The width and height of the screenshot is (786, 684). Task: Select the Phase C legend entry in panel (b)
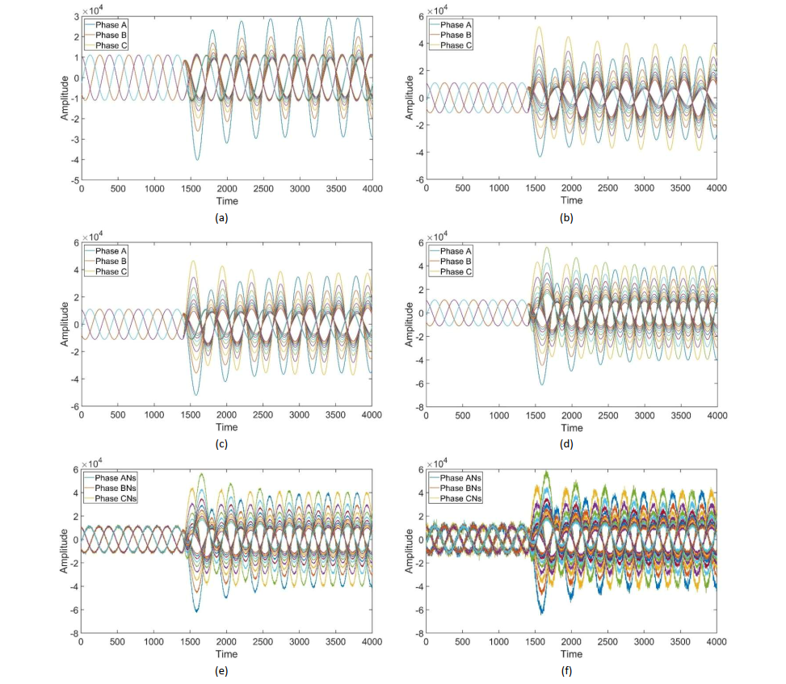pyautogui.click(x=451, y=45)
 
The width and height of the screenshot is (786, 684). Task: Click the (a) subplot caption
pyautogui.click(x=221, y=218)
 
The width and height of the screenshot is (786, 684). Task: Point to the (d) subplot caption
pyautogui.click(x=566, y=444)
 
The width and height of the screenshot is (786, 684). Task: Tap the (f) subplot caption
pyautogui.click(x=566, y=671)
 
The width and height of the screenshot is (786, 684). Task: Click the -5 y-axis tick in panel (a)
pyautogui.click(x=74, y=180)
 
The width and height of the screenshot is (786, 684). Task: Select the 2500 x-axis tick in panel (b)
pyautogui.click(x=607, y=188)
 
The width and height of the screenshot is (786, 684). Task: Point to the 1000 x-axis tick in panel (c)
pyautogui.click(x=154, y=415)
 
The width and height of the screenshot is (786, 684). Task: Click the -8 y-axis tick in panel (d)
pyautogui.click(x=419, y=407)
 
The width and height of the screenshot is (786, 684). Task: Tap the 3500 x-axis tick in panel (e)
pyautogui.click(x=335, y=642)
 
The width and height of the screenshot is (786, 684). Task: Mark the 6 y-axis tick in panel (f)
pyautogui.click(x=421, y=470)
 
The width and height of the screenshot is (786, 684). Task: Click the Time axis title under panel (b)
pyautogui.click(x=571, y=200)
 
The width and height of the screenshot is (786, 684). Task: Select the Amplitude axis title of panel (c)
pyautogui.click(x=64, y=324)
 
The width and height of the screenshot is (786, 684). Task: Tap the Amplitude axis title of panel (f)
pyautogui.click(x=409, y=552)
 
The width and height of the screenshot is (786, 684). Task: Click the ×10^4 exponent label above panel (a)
pyautogui.click(x=93, y=10)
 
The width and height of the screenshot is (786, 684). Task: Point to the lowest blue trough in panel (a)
pyautogui.click(x=197, y=160)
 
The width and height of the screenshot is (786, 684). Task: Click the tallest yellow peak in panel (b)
pyautogui.click(x=540, y=27)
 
